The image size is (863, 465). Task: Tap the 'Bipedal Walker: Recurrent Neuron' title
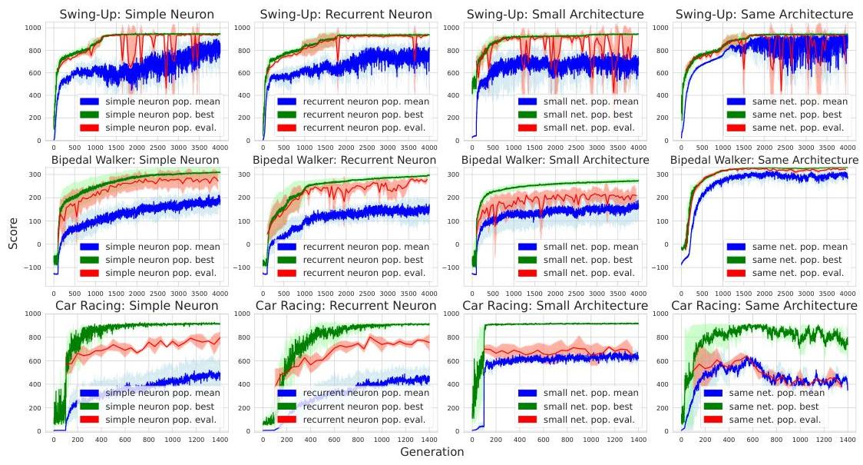tap(346, 160)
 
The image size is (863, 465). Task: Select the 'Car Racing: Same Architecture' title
tap(764, 306)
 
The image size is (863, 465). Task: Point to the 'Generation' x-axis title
tap(432, 452)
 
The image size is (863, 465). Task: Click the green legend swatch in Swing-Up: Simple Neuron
tap(90, 115)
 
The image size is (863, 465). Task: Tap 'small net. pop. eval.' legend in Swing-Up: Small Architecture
tap(588, 128)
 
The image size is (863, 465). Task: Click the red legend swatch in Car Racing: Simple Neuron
tap(90, 419)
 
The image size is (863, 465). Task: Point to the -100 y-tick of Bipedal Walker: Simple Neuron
tap(34, 267)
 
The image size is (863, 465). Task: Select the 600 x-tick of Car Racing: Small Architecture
tap(542, 437)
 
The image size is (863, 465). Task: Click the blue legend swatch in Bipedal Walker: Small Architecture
tap(506, 247)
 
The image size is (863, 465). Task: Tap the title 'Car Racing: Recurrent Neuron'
tap(346, 306)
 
